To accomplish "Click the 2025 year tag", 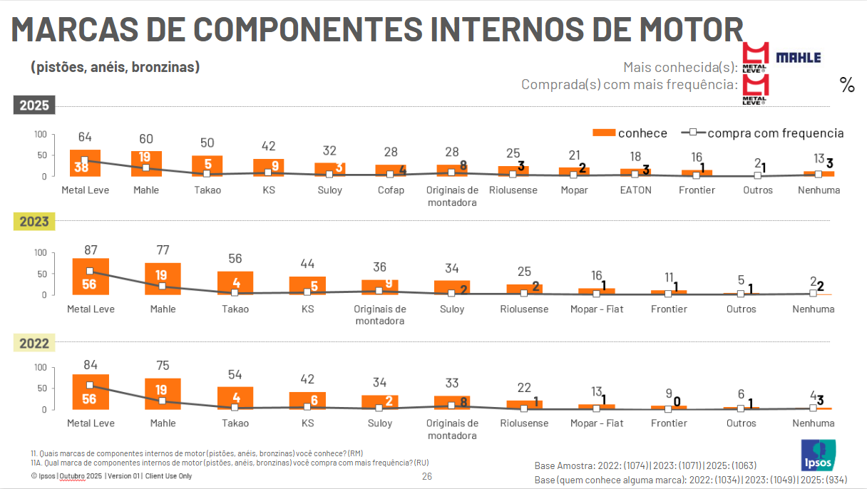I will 34,105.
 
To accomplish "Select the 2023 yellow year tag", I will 34,222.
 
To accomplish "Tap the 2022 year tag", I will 34,344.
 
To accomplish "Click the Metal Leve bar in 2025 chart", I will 85,163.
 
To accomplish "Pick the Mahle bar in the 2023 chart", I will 163,279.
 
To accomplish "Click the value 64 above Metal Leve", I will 85,137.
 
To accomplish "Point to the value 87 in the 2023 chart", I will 91,249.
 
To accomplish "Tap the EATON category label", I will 635,190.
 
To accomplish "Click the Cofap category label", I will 391,190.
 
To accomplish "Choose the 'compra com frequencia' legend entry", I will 763,133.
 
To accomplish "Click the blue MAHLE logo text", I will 798,58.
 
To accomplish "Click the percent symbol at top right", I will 847,86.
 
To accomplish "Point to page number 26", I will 427,476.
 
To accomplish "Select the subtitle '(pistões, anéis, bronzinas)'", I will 115,67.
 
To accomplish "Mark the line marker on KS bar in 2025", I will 269,173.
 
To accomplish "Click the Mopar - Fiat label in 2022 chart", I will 597,423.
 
